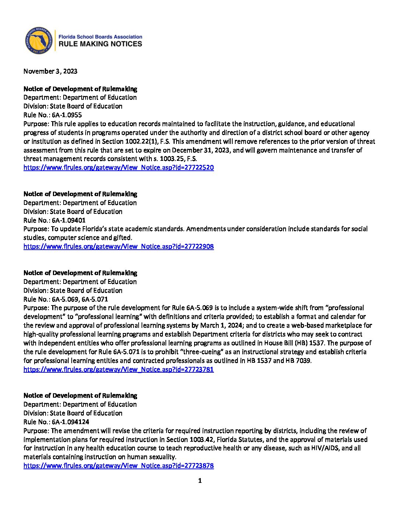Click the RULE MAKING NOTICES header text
click(x=100, y=44)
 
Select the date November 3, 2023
click(x=50, y=71)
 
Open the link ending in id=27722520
click(x=118, y=167)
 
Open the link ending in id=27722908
click(x=118, y=246)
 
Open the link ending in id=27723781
click(x=118, y=369)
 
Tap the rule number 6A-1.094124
click(x=70, y=422)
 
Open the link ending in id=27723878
click(x=118, y=466)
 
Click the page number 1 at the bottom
click(x=200, y=481)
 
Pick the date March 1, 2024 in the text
click(x=220, y=325)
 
